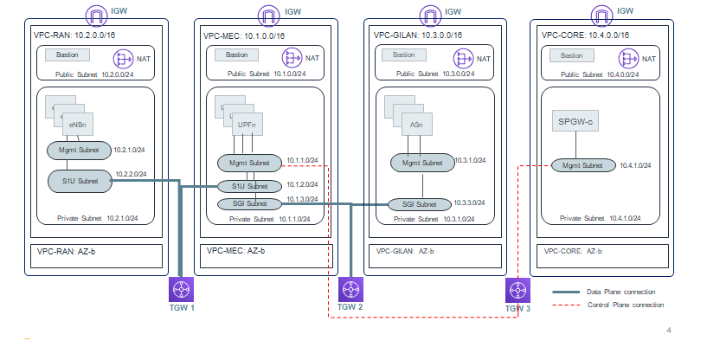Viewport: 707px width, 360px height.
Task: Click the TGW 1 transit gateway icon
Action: click(181, 288)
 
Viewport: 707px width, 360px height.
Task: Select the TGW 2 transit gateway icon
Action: click(350, 288)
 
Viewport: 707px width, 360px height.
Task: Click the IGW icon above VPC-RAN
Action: click(93, 14)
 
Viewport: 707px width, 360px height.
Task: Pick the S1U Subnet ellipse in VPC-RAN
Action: click(79, 180)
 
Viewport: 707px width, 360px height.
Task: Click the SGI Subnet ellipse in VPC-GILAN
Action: click(419, 205)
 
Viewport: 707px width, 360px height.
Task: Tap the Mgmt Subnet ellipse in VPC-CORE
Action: click(582, 165)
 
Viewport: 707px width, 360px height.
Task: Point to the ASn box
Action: click(416, 125)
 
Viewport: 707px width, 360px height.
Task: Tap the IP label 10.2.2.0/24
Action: click(131, 174)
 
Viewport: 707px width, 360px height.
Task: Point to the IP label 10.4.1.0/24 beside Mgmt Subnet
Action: click(635, 165)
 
